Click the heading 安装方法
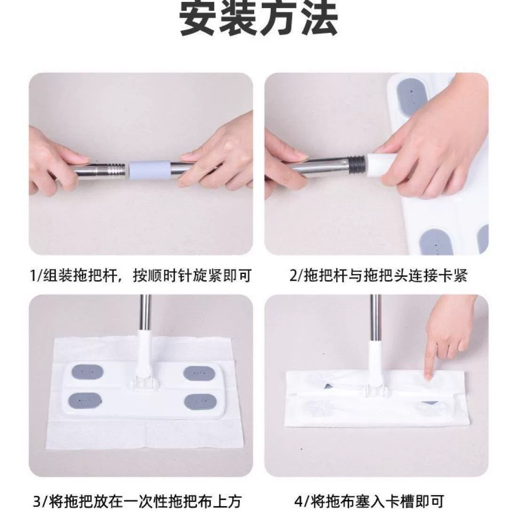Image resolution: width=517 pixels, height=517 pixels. pyautogui.click(x=258, y=18)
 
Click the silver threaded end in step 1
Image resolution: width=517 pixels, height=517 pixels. pyautogui.click(x=116, y=169)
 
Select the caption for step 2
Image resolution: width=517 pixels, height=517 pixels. pyautogui.click(x=378, y=275)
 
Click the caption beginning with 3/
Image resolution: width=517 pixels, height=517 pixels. pyautogui.click(x=138, y=501)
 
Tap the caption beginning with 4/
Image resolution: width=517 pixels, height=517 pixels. pyautogui.click(x=369, y=501)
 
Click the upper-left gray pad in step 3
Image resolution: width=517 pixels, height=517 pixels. pyautogui.click(x=87, y=372)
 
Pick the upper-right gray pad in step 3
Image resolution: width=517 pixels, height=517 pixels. pyautogui.click(x=199, y=373)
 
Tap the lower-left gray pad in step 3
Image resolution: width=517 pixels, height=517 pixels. pyautogui.click(x=85, y=400)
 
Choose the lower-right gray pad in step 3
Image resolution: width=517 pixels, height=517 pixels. pyautogui.click(x=200, y=401)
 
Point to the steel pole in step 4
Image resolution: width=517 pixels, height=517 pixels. pyautogui.click(x=375, y=318)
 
